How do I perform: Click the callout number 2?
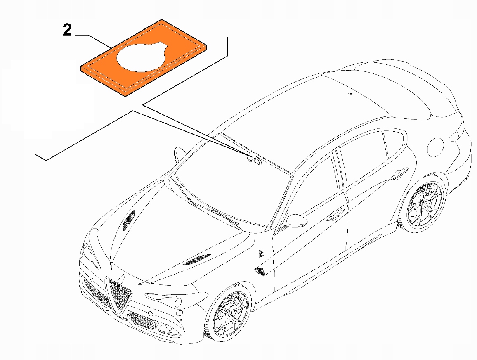[x=67, y=30]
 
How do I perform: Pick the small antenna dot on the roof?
[x=350, y=95]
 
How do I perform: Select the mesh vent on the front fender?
[x=260, y=271]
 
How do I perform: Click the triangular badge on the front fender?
[x=261, y=253]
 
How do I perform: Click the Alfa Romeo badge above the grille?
[x=117, y=284]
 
